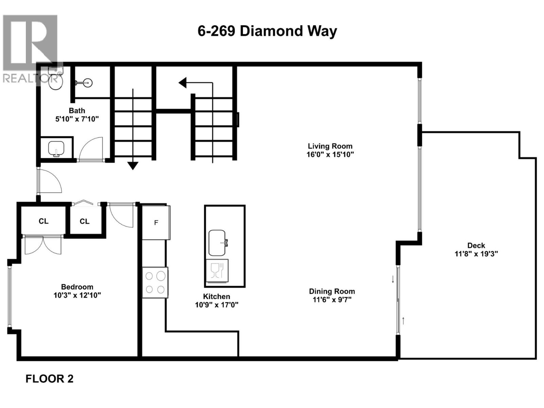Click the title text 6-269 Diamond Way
(x=267, y=31)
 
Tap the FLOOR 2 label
(x=49, y=379)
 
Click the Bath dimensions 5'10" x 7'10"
(x=77, y=119)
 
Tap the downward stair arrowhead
(x=133, y=166)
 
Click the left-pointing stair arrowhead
(x=183, y=83)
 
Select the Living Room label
(x=330, y=146)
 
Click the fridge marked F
(x=156, y=223)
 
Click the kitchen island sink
(x=217, y=243)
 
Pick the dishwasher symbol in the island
(x=217, y=271)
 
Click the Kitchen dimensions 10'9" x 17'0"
(x=217, y=305)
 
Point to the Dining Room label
(x=332, y=291)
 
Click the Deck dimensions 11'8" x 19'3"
(x=476, y=254)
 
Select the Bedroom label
(x=77, y=287)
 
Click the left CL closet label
(x=44, y=221)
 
